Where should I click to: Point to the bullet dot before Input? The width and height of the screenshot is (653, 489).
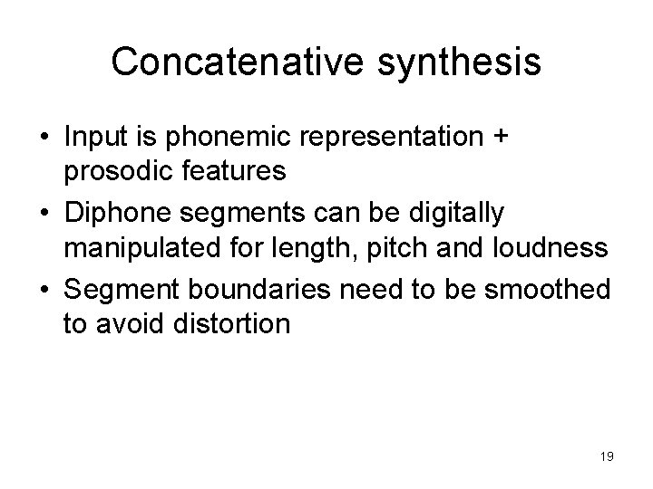coord(44,139)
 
